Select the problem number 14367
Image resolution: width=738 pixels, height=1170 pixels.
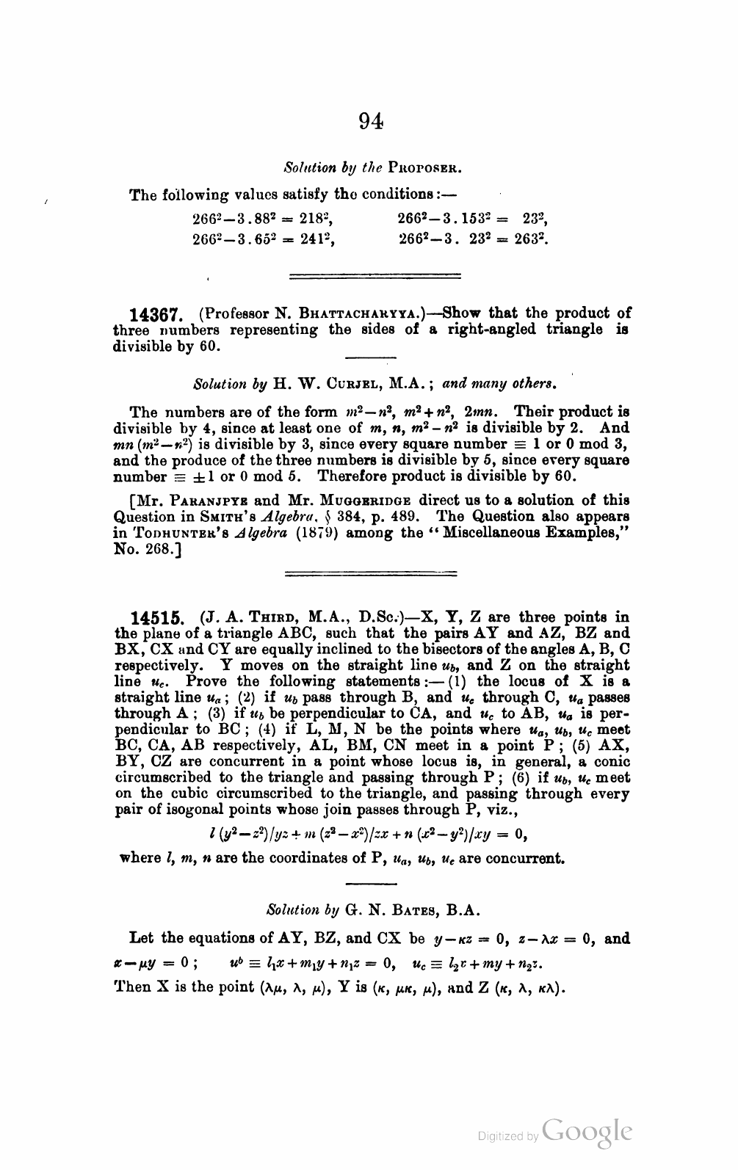tap(155, 315)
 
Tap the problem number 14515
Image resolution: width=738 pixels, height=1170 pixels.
tap(155, 618)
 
